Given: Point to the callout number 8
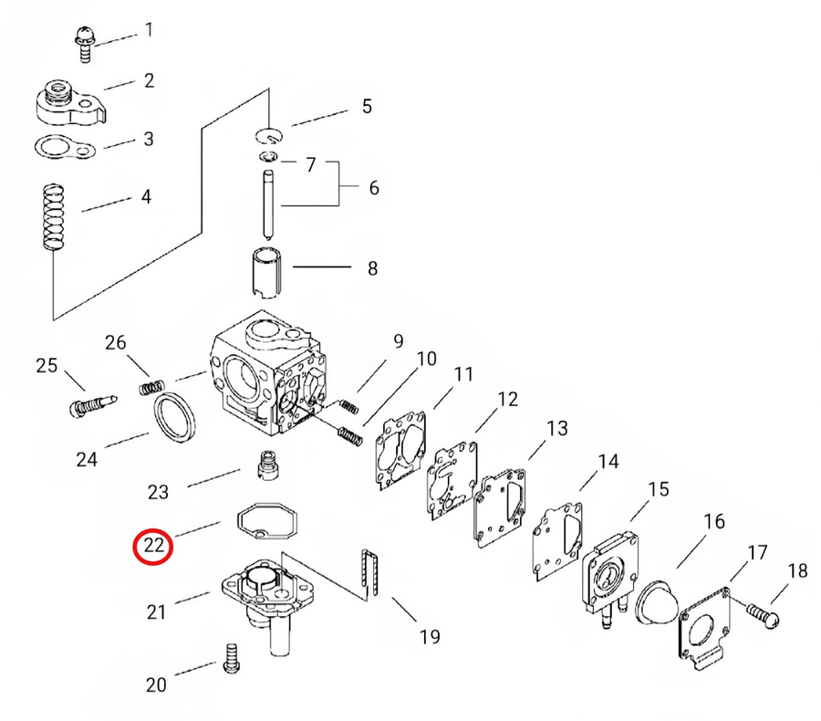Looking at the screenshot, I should coord(371,268).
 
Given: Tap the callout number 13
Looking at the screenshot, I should coord(556,428).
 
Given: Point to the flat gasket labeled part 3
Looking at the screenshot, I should coord(62,146).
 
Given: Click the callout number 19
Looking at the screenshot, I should coord(429,635).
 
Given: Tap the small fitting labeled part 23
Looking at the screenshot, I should coord(265,465).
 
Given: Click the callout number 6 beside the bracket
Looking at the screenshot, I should coord(373,188).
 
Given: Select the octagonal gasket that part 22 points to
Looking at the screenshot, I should coord(265,522).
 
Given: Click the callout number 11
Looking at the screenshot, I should coord(464,373).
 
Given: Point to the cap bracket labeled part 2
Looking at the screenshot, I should coord(69,103).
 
